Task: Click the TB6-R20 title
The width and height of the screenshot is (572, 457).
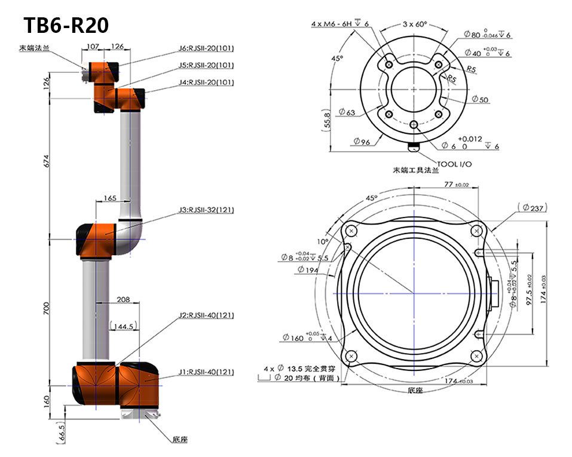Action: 66,26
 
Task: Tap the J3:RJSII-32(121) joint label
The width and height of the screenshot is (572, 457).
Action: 206,210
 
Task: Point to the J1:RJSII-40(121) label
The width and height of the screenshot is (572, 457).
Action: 207,372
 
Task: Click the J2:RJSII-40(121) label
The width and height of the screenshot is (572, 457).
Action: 207,315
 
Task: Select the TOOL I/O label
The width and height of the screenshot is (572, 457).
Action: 455,164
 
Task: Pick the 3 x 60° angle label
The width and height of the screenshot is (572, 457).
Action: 414,24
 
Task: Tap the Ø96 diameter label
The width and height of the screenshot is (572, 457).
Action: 362,142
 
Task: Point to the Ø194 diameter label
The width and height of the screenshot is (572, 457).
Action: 309,269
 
